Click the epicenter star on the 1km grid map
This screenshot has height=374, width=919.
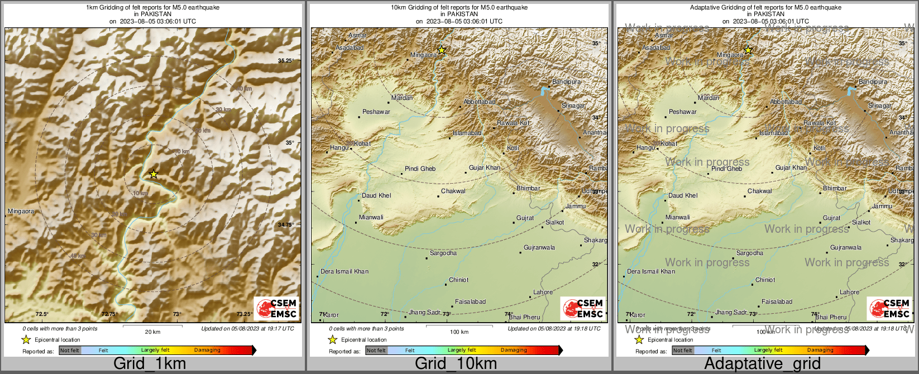[154, 175]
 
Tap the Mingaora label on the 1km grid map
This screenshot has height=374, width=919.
[21, 212]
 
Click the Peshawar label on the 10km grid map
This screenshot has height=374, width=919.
[376, 112]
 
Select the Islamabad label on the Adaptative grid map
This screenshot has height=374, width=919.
[774, 133]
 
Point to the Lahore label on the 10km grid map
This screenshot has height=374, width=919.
[543, 292]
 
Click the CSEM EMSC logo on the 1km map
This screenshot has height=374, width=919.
[276, 309]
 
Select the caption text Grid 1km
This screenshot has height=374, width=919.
[150, 364]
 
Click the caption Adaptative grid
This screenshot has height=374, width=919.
[762, 364]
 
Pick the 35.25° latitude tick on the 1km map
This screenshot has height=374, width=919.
[286, 60]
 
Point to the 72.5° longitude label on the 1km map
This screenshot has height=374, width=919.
[42, 314]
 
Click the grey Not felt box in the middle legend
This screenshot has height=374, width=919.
[376, 351]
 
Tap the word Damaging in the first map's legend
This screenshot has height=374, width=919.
[207, 351]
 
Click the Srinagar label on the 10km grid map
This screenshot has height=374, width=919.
[573, 106]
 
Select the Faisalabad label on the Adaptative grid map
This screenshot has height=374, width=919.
[777, 302]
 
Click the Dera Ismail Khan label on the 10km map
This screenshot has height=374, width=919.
[344, 272]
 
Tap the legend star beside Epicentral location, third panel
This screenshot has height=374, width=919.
[639, 339]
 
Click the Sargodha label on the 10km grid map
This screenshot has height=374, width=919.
[443, 253]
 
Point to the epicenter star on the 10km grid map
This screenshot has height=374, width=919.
[442, 50]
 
